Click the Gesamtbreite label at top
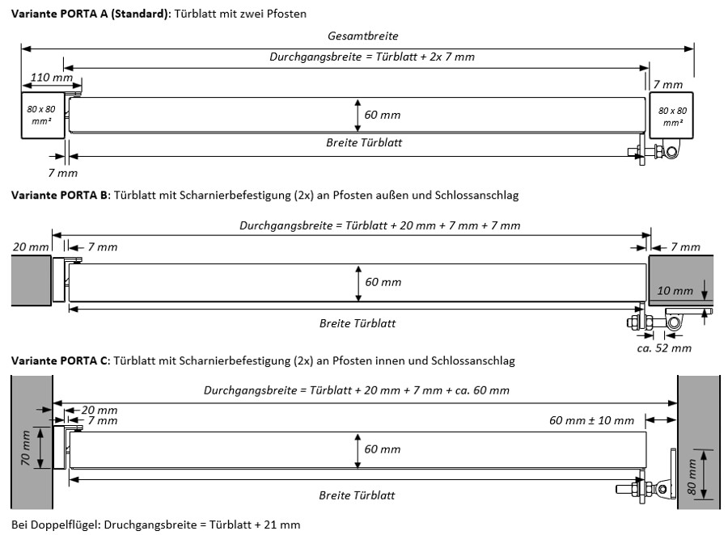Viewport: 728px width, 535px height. coord(363,36)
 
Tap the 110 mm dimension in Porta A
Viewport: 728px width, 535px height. coord(51,78)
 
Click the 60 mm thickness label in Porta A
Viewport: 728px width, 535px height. coord(382,115)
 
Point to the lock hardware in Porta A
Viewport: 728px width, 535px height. coord(655,151)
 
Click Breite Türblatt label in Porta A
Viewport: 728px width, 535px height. coord(364,142)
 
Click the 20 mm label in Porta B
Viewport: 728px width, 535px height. coord(29,246)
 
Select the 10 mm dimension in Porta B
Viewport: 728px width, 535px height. coord(675,290)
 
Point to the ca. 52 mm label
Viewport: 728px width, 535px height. coord(663,348)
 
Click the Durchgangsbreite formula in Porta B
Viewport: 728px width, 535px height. coord(379,225)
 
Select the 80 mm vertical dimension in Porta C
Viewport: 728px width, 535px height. coord(692,477)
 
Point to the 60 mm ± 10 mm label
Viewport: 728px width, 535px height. coord(591,420)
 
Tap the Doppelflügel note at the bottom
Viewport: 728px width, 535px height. coord(156,524)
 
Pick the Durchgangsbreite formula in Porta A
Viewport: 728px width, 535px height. coord(371,57)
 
